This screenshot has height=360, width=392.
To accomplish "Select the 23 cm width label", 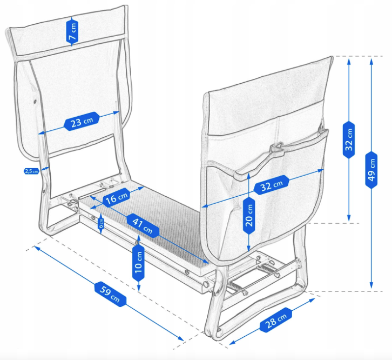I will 82,122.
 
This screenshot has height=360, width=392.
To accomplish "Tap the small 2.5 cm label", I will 31,171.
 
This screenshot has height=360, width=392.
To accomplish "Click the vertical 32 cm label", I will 349,139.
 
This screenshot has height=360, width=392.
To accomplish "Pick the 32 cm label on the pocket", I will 271,186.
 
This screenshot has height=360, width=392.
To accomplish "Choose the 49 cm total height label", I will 371,170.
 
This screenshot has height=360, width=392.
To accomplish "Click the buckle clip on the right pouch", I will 276,148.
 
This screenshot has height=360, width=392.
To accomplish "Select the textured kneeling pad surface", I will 162,216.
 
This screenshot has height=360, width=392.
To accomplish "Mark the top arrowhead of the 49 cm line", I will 371,60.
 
